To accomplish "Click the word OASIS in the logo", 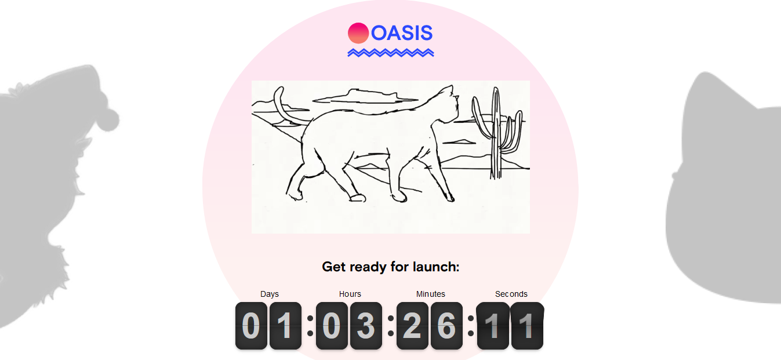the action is tap(402, 33).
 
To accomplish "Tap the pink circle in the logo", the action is tap(358, 33).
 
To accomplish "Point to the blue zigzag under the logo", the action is tap(391, 53).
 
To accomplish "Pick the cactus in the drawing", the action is tap(496, 132).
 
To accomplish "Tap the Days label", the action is tap(270, 294).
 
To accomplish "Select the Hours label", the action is tap(350, 294).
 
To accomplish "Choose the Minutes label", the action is tap(431, 294).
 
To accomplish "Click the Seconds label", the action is tap(511, 294).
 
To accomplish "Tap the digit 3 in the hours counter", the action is tap(366, 326).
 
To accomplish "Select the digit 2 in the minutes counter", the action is tap(412, 326).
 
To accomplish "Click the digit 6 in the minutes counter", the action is tap(446, 326).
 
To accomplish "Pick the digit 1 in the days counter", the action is tap(285, 326).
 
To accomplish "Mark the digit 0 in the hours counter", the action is tap(332, 326).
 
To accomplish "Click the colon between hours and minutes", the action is tap(391, 326).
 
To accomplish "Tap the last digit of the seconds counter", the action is tap(527, 326).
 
